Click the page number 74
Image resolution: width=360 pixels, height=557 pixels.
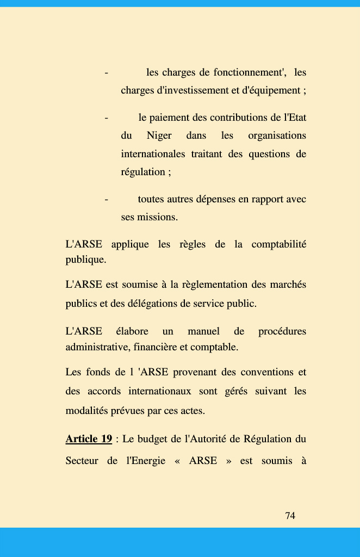click(x=290, y=516)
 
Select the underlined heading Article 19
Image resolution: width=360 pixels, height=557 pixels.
click(x=89, y=438)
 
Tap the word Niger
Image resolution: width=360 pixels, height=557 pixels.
click(x=159, y=135)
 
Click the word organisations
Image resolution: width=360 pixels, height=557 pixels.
click(x=277, y=135)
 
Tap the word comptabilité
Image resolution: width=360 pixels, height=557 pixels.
click(x=278, y=244)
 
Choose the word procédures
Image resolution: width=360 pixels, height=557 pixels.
click(x=282, y=331)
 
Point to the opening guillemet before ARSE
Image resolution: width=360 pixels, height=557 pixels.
click(x=177, y=461)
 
